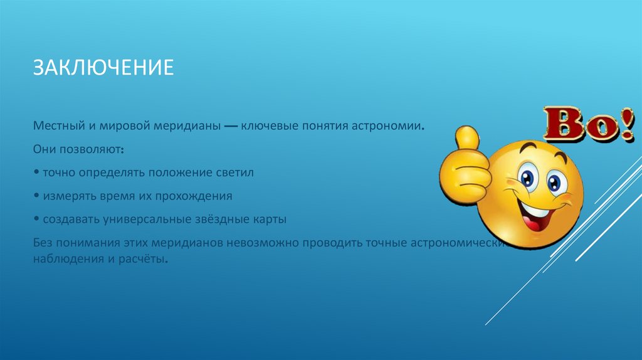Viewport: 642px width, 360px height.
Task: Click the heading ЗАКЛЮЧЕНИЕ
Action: (x=103, y=67)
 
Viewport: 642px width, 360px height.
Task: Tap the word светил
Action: (x=236, y=172)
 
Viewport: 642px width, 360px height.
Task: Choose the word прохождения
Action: (x=196, y=196)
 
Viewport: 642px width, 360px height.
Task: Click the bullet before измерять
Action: (x=38, y=196)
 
